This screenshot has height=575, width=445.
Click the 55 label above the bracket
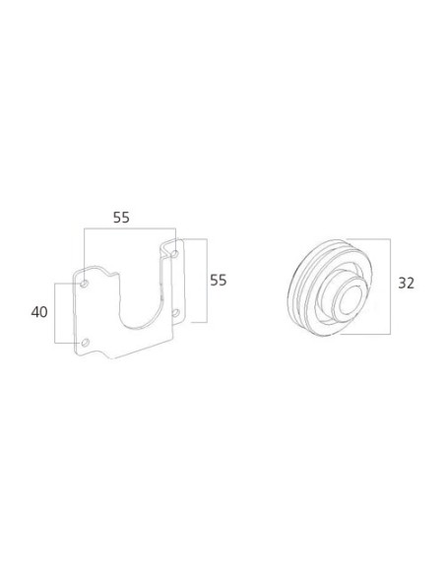tap(121, 218)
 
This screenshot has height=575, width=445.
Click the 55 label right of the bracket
tap(218, 280)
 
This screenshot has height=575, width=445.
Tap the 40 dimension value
tap(39, 312)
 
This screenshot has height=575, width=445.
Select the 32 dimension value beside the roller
tap(406, 284)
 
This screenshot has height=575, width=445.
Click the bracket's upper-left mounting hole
tap(85, 284)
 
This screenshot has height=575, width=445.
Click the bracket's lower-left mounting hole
tap(85, 342)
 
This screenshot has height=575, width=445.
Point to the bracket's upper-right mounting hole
tap(175, 254)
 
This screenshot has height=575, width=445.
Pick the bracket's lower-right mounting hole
tap(176, 313)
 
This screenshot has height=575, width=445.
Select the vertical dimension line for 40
tap(57, 312)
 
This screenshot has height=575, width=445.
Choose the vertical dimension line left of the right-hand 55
tap(204, 280)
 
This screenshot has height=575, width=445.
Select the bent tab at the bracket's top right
tap(169, 242)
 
